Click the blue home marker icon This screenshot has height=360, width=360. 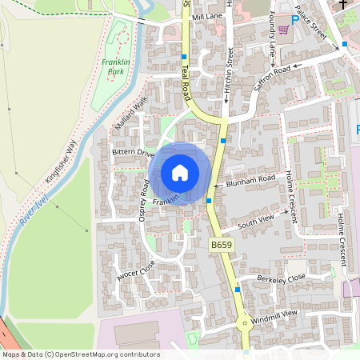(180, 173)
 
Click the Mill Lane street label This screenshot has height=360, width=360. (206, 17)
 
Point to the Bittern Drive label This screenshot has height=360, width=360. (133, 152)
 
